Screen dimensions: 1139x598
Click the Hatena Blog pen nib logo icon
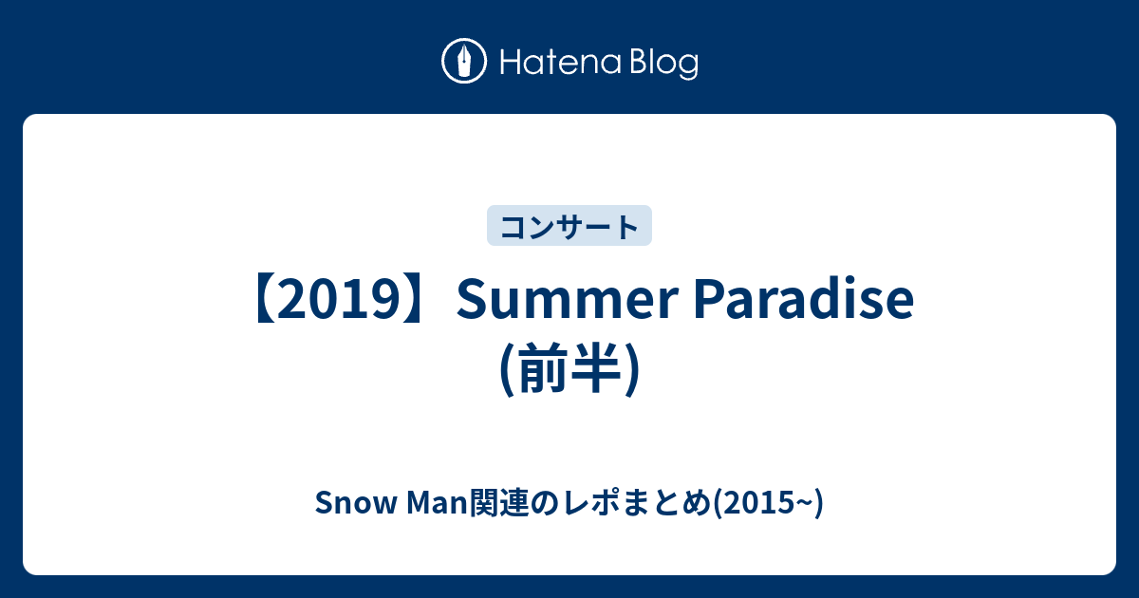(x=464, y=61)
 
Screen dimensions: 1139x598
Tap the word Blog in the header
(x=664, y=63)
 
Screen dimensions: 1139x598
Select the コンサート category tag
(x=569, y=226)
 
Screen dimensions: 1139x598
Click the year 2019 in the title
(x=340, y=300)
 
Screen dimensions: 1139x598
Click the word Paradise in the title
(x=804, y=299)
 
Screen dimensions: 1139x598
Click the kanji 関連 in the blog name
(x=499, y=503)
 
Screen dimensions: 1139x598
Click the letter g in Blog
(x=688, y=67)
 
